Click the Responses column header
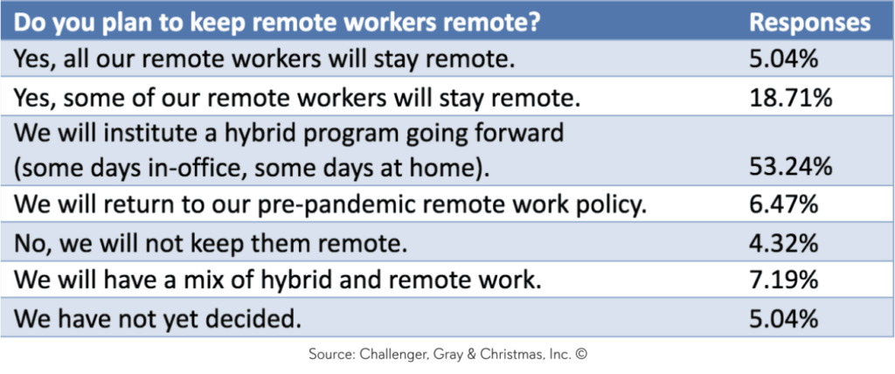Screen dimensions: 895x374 pos(810,22)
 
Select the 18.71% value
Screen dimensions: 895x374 pos(790,98)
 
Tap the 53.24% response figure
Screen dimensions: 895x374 pos(791,167)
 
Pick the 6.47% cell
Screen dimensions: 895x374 pos(784,204)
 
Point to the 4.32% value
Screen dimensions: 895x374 pos(784,243)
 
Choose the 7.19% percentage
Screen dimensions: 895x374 pos(784,280)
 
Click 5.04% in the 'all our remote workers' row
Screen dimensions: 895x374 pos(784,59)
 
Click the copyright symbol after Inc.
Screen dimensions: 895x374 pos(581,354)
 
